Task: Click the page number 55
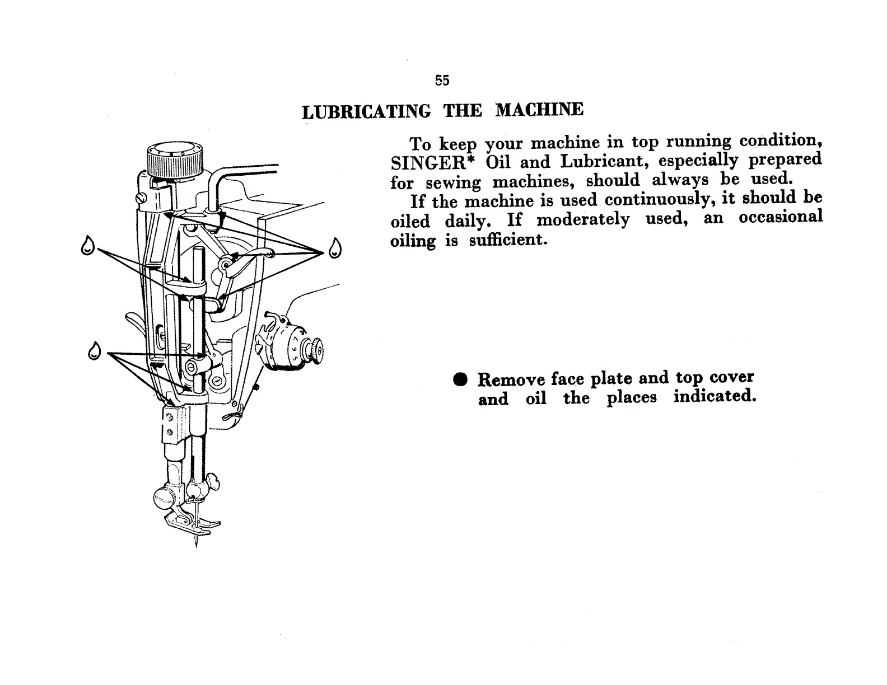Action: [x=442, y=81]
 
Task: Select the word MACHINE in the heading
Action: [x=539, y=109]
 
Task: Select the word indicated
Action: [x=715, y=396]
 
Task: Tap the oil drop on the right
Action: [x=334, y=248]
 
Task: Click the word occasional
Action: [x=780, y=218]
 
